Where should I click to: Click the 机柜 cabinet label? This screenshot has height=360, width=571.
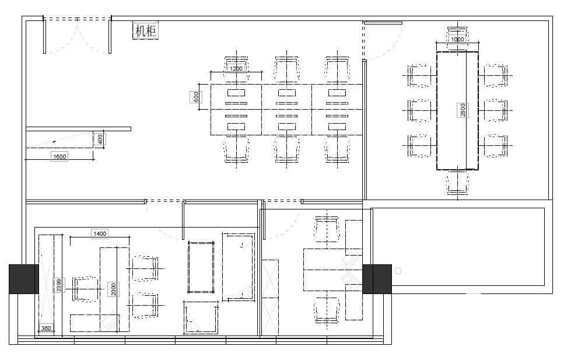point(146,30)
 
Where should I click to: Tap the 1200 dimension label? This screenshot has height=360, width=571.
point(236,68)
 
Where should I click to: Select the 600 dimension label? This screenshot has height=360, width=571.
point(196,97)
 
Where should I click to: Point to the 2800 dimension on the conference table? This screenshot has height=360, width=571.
point(463,110)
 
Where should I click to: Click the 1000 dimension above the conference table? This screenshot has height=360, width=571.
point(457,39)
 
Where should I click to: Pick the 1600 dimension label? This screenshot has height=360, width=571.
point(59,157)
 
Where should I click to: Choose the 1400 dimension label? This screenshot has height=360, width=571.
point(100,234)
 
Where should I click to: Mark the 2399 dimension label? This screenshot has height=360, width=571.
point(59,285)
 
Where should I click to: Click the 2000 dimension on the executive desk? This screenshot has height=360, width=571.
point(114,289)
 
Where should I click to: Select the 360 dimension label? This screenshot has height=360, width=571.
point(46,328)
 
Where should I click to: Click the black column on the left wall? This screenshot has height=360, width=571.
point(24,279)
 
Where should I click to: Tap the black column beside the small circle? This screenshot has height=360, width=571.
point(377,279)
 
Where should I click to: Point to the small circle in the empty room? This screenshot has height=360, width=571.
point(398,271)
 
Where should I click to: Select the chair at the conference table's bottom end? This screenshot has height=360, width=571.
point(458,183)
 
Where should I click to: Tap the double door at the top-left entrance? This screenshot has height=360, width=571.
point(77,35)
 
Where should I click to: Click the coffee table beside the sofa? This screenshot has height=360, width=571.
point(201,267)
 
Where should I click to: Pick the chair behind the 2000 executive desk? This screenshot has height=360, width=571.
point(85,289)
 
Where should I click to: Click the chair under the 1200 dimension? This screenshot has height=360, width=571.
point(236,69)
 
